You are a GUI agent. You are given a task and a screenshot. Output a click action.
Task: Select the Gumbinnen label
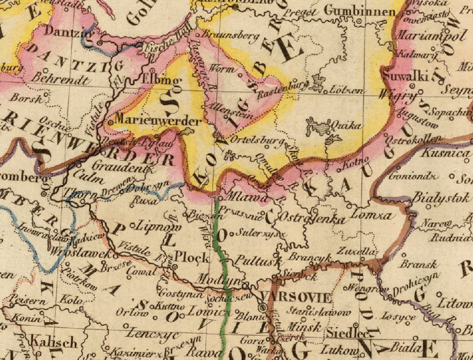359,11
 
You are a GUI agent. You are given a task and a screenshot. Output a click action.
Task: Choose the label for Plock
192,257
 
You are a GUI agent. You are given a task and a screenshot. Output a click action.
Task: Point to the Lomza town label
371,215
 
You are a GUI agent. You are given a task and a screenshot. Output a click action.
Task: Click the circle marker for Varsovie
262,308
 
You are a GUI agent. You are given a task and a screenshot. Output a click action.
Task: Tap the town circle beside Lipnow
133,226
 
